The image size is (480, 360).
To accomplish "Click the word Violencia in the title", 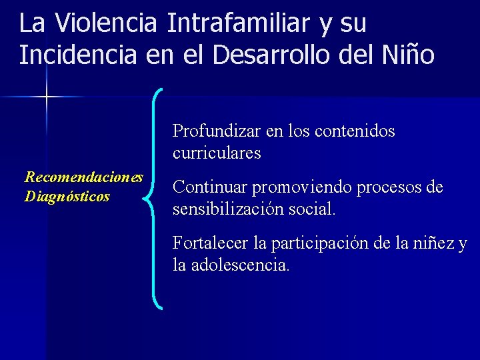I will pyautogui.click(x=107, y=24).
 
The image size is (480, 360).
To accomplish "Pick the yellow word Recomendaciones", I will pyautogui.click(x=84, y=177).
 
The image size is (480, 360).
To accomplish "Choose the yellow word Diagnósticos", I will pyautogui.click(x=67, y=197).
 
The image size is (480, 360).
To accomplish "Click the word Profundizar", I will pyautogui.click(x=217, y=131).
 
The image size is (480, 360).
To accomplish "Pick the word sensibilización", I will pyautogui.click(x=229, y=209).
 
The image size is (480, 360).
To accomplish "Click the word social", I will pyautogui.click(x=313, y=209).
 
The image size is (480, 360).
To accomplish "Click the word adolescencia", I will pyautogui.click(x=241, y=265).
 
